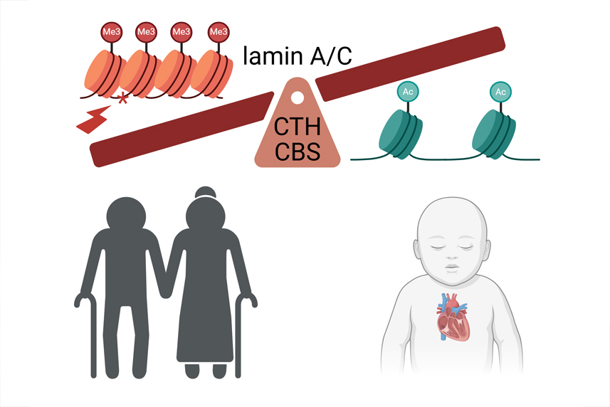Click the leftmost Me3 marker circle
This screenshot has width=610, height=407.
(110, 31)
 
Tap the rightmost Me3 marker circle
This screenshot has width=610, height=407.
(217, 31)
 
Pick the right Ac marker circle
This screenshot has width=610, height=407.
(501, 92)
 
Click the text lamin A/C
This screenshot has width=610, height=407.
(298, 55)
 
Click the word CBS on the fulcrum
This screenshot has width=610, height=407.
(298, 152)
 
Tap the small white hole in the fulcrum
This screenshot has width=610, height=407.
(297, 97)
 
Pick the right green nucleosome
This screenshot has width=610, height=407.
(494, 132)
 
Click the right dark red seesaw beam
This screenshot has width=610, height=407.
(410, 63)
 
